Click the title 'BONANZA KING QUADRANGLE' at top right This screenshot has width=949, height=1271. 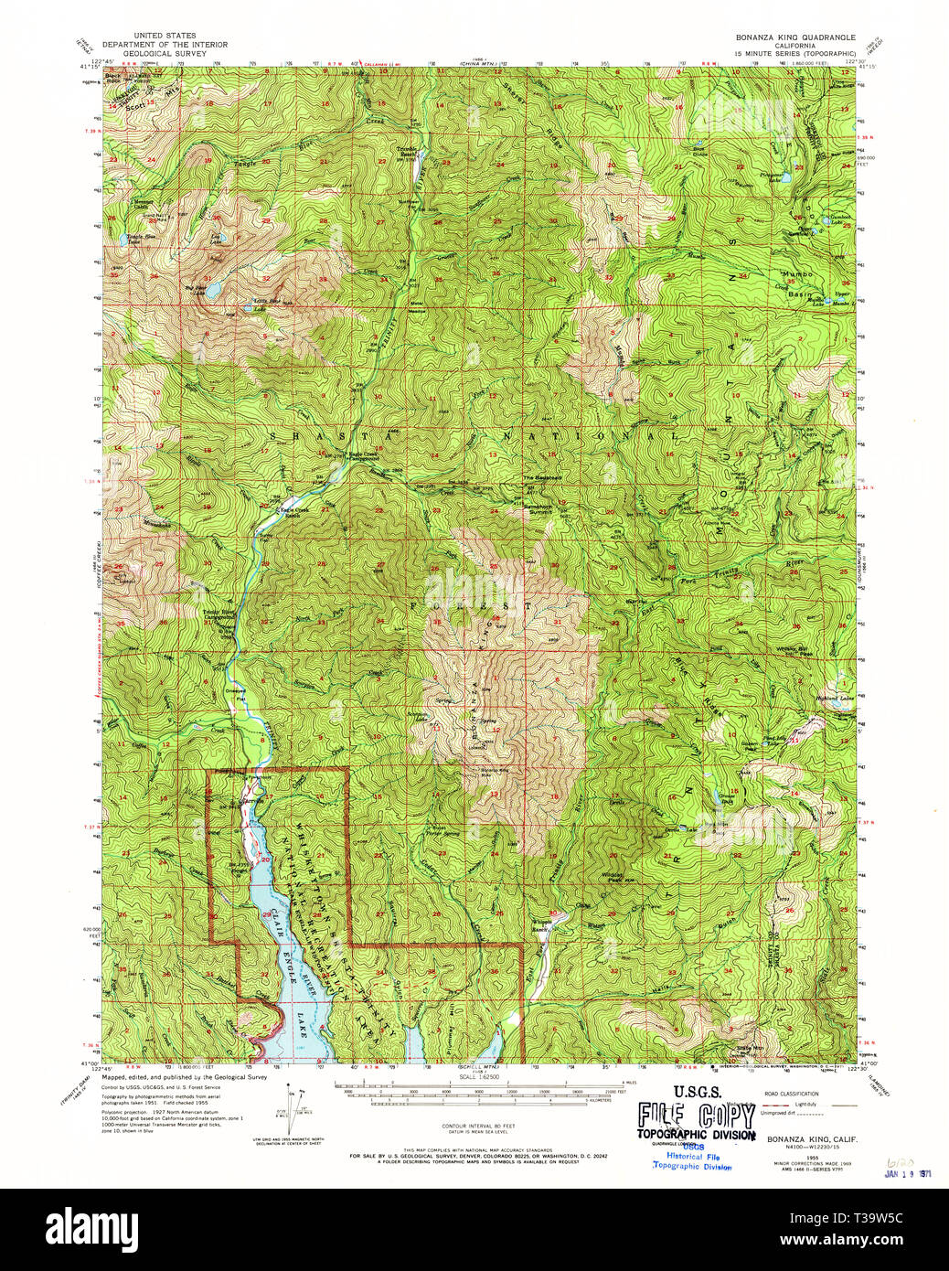click(795, 37)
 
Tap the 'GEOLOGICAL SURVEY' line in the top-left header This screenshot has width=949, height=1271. click(165, 53)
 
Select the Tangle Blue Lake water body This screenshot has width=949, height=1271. click(124, 242)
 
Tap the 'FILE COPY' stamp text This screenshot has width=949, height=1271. click(697, 1116)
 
